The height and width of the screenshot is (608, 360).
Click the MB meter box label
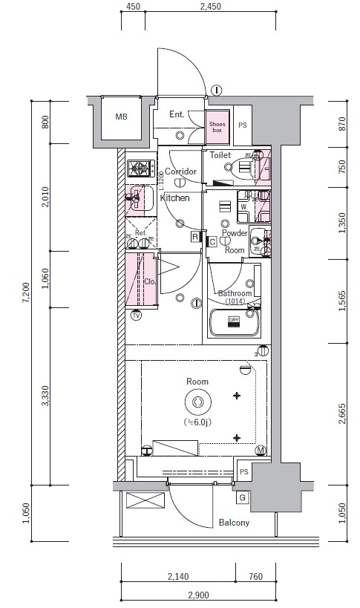point(121,117)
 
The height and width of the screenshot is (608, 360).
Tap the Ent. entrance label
point(177,114)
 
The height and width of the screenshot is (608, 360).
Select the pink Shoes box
point(217,126)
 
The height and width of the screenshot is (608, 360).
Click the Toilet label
point(220,155)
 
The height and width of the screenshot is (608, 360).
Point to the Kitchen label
point(174,198)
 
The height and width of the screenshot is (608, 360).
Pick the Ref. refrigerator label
point(140,232)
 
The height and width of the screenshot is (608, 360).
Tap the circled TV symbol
point(136,316)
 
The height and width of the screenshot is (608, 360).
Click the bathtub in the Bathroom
point(234,324)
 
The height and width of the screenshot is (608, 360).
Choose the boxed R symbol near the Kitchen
point(195,237)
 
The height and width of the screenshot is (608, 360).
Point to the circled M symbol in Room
point(261,451)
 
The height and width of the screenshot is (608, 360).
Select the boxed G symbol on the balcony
point(243,496)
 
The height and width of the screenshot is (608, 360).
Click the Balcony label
point(234,523)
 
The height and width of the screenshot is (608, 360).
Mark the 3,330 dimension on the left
point(45,396)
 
